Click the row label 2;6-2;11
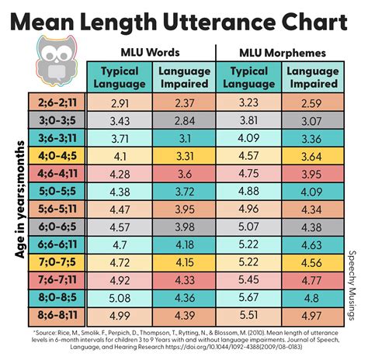click(53, 102)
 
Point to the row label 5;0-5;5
click(53, 190)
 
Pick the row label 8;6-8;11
click(53, 314)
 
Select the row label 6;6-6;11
click(53, 244)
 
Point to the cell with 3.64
click(311, 155)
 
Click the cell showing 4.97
click(311, 314)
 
